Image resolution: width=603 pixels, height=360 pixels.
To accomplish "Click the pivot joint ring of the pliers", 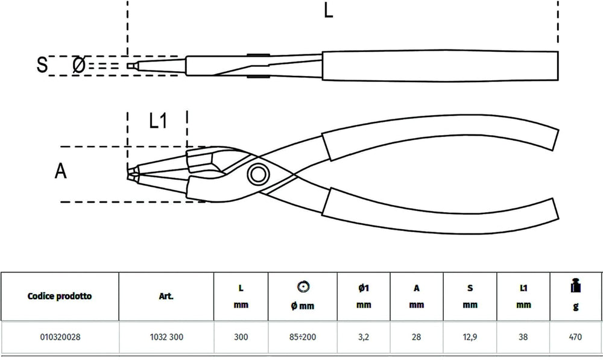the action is (x=258, y=174).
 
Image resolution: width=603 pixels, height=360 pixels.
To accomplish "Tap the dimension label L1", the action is (x=158, y=121).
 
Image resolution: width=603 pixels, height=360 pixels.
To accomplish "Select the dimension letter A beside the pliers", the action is (x=60, y=171).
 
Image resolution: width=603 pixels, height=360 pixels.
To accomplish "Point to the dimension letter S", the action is (x=42, y=65).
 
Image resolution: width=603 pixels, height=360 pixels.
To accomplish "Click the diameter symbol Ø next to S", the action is (x=78, y=65).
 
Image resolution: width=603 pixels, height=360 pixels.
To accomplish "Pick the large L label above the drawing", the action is (x=328, y=10).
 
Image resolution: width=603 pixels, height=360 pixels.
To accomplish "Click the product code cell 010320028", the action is (x=60, y=337).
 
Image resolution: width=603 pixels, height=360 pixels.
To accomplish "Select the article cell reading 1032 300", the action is (x=166, y=337).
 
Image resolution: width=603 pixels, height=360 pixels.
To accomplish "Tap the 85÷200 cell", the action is (x=303, y=337).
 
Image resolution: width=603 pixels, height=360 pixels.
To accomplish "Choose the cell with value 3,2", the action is (x=364, y=337).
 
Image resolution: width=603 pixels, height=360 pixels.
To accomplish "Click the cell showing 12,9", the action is (x=470, y=337).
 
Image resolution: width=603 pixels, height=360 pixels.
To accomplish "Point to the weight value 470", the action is (x=575, y=337).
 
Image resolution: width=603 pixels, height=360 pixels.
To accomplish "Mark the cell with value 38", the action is (x=523, y=337).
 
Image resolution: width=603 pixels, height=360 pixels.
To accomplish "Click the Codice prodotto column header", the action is (x=60, y=296).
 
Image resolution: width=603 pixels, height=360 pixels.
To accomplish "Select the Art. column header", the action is (x=166, y=296).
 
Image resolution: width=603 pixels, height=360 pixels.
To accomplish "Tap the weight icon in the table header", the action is (x=575, y=285).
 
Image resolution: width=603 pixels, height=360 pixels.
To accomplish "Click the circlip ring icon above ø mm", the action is (x=303, y=286).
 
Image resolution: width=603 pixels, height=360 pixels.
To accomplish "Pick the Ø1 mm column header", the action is (x=364, y=296).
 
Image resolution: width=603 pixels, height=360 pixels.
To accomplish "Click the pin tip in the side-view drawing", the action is (x=131, y=66).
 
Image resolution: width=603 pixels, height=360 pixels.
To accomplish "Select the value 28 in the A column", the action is (x=416, y=337).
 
